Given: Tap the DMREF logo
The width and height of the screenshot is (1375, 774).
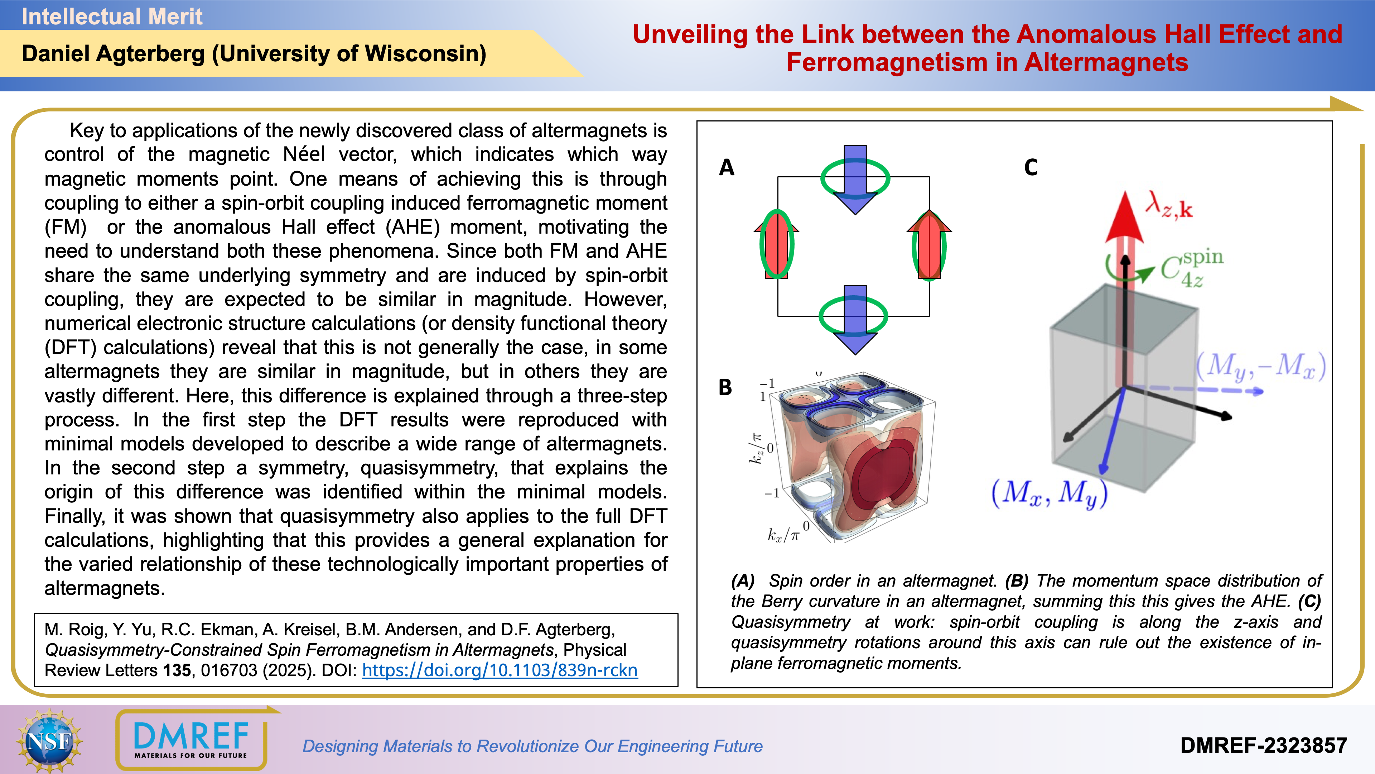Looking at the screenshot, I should point(191,740).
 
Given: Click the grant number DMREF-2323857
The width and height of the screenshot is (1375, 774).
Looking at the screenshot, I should point(1263,746).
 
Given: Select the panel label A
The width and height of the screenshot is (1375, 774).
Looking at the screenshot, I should point(727,168).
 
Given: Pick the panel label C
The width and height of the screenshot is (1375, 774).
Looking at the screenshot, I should point(1031,168).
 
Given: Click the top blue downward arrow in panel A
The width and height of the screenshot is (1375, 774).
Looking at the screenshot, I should point(855,179).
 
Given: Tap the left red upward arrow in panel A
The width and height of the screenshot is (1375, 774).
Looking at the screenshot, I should point(777,244).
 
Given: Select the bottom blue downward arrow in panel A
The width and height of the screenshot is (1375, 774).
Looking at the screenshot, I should point(855,319).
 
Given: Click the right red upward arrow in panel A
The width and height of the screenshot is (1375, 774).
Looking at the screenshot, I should point(929,244).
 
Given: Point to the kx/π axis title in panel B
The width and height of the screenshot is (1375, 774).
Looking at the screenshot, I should point(783,535).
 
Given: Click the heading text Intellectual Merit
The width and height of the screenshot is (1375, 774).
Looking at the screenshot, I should point(112,16).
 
